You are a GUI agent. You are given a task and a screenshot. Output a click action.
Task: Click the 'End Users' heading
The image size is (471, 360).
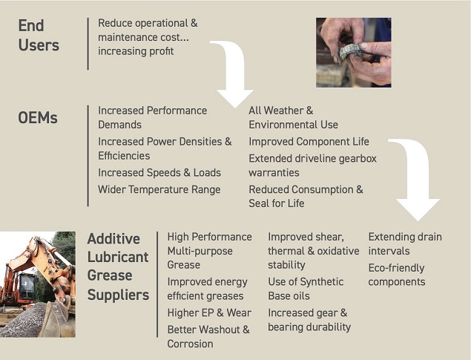(x=39, y=35)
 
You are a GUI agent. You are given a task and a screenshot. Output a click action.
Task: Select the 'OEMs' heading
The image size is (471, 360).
(x=38, y=117)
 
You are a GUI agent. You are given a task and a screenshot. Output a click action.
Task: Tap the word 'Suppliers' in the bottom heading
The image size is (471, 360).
(x=118, y=295)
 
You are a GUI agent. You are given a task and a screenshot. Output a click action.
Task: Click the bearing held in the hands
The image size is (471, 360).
(x=350, y=52)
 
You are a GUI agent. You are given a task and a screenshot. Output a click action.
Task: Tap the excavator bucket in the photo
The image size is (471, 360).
(x=57, y=320)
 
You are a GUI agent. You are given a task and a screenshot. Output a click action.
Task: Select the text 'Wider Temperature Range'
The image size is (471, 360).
(x=159, y=189)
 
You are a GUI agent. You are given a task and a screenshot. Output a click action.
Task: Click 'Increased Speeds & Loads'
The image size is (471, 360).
(x=159, y=173)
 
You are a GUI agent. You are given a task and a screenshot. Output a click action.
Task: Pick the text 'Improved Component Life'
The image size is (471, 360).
(x=309, y=142)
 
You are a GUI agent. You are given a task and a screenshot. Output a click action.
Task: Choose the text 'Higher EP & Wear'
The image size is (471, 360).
(x=209, y=312)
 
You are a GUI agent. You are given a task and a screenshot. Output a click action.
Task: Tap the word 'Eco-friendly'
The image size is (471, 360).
(x=396, y=268)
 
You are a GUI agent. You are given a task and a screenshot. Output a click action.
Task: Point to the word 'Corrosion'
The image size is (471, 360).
(x=190, y=344)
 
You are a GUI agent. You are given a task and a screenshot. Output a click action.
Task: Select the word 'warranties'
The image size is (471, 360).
(x=274, y=173)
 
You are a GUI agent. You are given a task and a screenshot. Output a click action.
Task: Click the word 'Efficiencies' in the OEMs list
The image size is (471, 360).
(x=124, y=156)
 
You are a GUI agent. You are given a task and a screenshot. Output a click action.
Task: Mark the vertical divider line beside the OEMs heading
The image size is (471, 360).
(x=88, y=156)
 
